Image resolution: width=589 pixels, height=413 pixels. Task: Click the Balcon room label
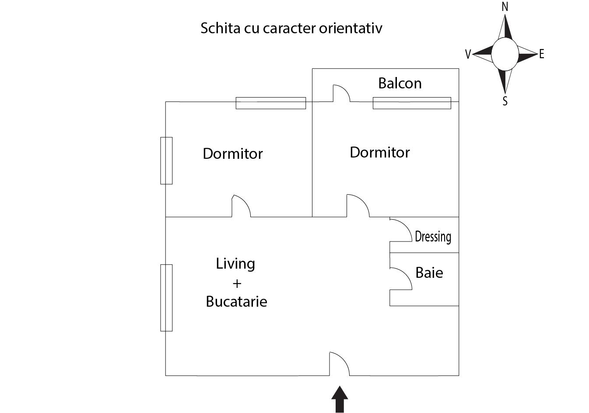(400, 83)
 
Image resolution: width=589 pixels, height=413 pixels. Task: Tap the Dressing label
(433, 237)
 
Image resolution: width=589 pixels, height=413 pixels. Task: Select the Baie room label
(429, 273)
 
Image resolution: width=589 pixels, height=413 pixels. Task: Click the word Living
(235, 264)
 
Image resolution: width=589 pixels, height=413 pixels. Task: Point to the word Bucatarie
(236, 301)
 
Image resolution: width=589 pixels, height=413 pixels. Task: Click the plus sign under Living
(237, 283)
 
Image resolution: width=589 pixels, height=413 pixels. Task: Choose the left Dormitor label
(232, 154)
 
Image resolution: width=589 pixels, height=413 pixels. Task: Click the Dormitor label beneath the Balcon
(379, 152)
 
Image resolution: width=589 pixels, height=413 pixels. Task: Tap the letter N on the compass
(505, 7)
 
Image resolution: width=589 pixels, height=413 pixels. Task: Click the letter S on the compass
(505, 101)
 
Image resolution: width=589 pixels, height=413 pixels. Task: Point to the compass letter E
(542, 54)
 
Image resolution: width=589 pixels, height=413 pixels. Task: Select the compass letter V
(468, 54)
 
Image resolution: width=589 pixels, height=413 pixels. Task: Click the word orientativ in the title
(351, 28)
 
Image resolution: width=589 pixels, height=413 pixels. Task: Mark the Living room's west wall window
(166, 297)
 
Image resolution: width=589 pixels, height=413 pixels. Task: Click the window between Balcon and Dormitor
(411, 103)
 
